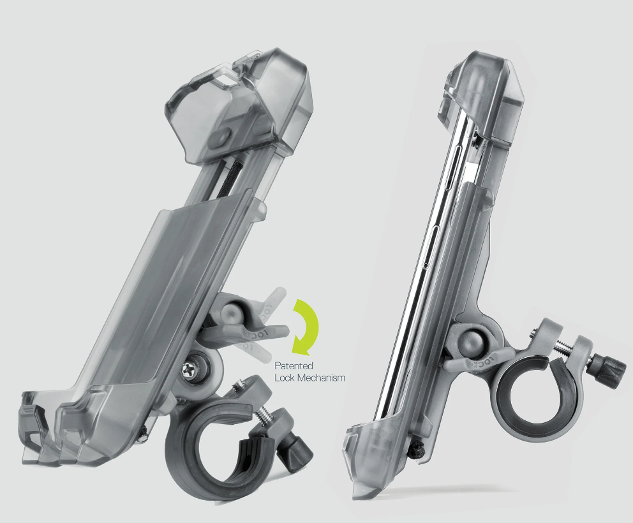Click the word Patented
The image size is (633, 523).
tap(294, 366)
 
